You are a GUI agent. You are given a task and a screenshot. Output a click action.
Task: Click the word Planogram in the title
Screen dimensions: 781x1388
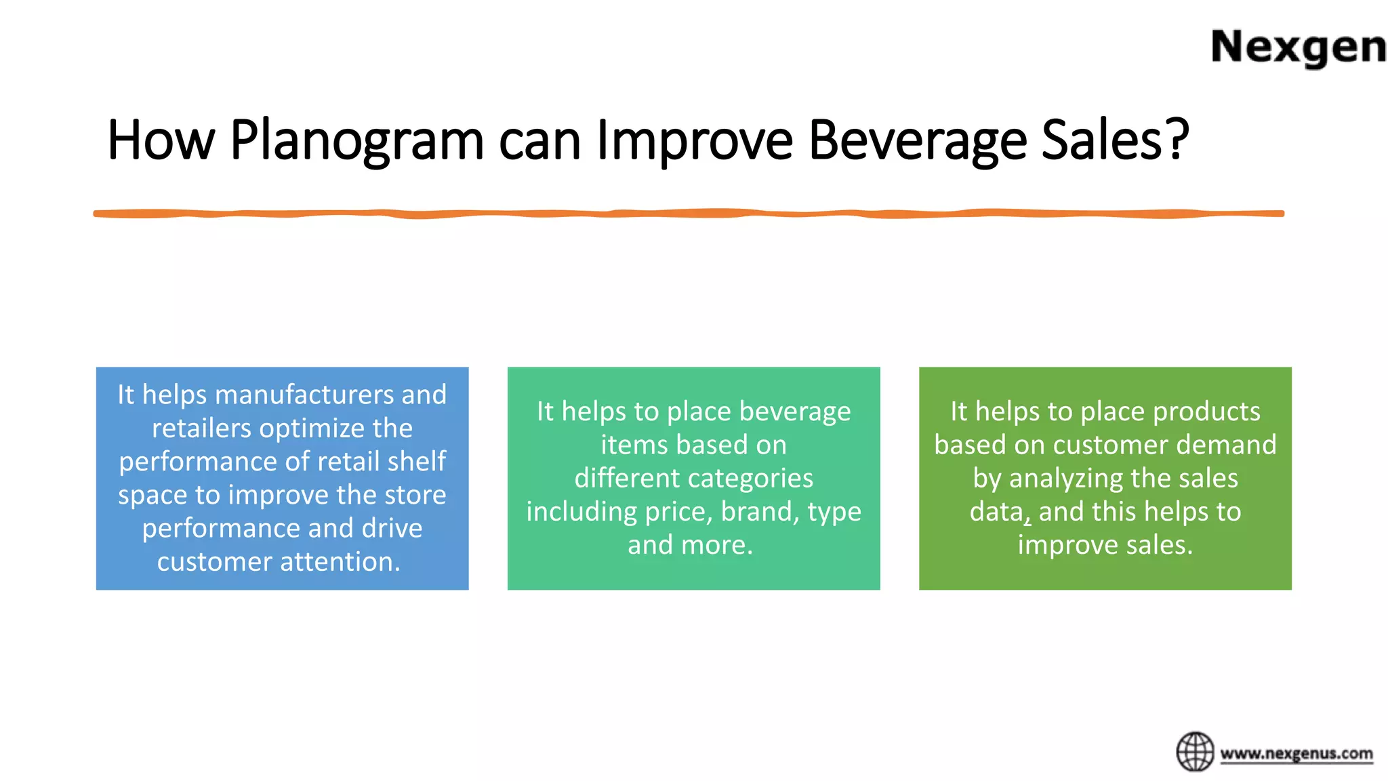(x=356, y=140)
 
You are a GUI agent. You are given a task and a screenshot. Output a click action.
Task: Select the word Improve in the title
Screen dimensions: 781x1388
(x=694, y=140)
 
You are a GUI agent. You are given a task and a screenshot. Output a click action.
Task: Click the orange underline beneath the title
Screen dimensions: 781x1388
(x=689, y=214)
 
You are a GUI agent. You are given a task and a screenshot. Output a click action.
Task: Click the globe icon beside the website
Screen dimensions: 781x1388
(x=1195, y=751)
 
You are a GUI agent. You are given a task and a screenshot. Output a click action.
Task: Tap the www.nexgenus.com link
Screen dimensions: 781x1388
(x=1296, y=753)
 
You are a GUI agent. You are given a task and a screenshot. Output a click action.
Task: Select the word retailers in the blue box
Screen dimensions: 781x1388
(x=201, y=428)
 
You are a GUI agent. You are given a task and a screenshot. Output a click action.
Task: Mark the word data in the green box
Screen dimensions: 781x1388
(x=996, y=512)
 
